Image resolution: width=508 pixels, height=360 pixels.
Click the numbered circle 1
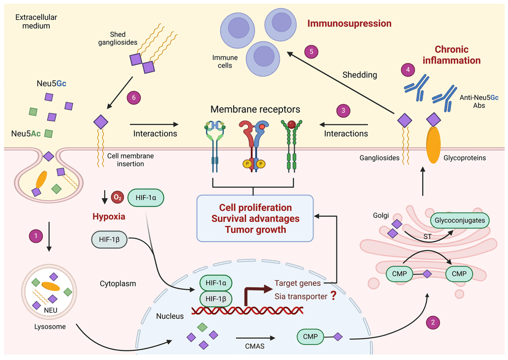[x=36, y=235]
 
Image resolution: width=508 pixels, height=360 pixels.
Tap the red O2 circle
[x=117, y=197]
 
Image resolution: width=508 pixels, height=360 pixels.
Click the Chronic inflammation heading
[x=458, y=55]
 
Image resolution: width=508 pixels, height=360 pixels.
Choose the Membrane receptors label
[x=256, y=109]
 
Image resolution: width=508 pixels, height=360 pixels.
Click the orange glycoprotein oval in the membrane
[x=433, y=144]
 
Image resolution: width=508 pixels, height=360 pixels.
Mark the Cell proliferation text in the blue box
[x=255, y=208]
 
